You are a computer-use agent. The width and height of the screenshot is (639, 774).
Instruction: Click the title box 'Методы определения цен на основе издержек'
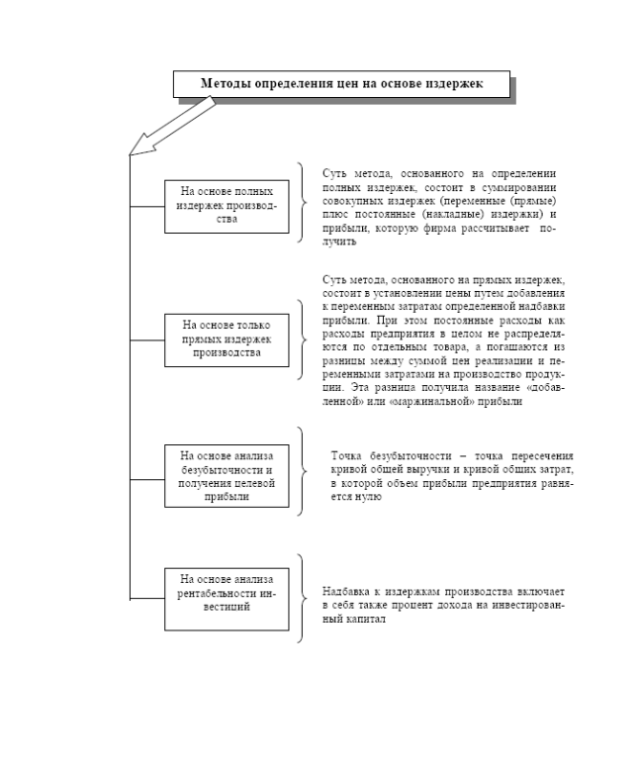tap(342, 84)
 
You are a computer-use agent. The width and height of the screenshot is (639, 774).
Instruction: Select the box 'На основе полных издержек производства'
tap(227, 206)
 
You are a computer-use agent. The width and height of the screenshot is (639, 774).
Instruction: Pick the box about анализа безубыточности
tap(227, 474)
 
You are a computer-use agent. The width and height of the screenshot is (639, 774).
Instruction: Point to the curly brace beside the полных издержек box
tap(303, 204)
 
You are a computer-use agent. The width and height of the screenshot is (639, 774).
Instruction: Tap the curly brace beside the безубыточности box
tap(303, 471)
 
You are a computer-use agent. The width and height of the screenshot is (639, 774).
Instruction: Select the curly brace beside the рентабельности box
tap(303, 598)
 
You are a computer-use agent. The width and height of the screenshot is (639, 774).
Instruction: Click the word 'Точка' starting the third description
tap(350, 455)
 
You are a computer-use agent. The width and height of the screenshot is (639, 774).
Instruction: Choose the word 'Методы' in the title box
tap(227, 84)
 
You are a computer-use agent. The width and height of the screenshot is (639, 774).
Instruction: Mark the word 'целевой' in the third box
tap(251, 483)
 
